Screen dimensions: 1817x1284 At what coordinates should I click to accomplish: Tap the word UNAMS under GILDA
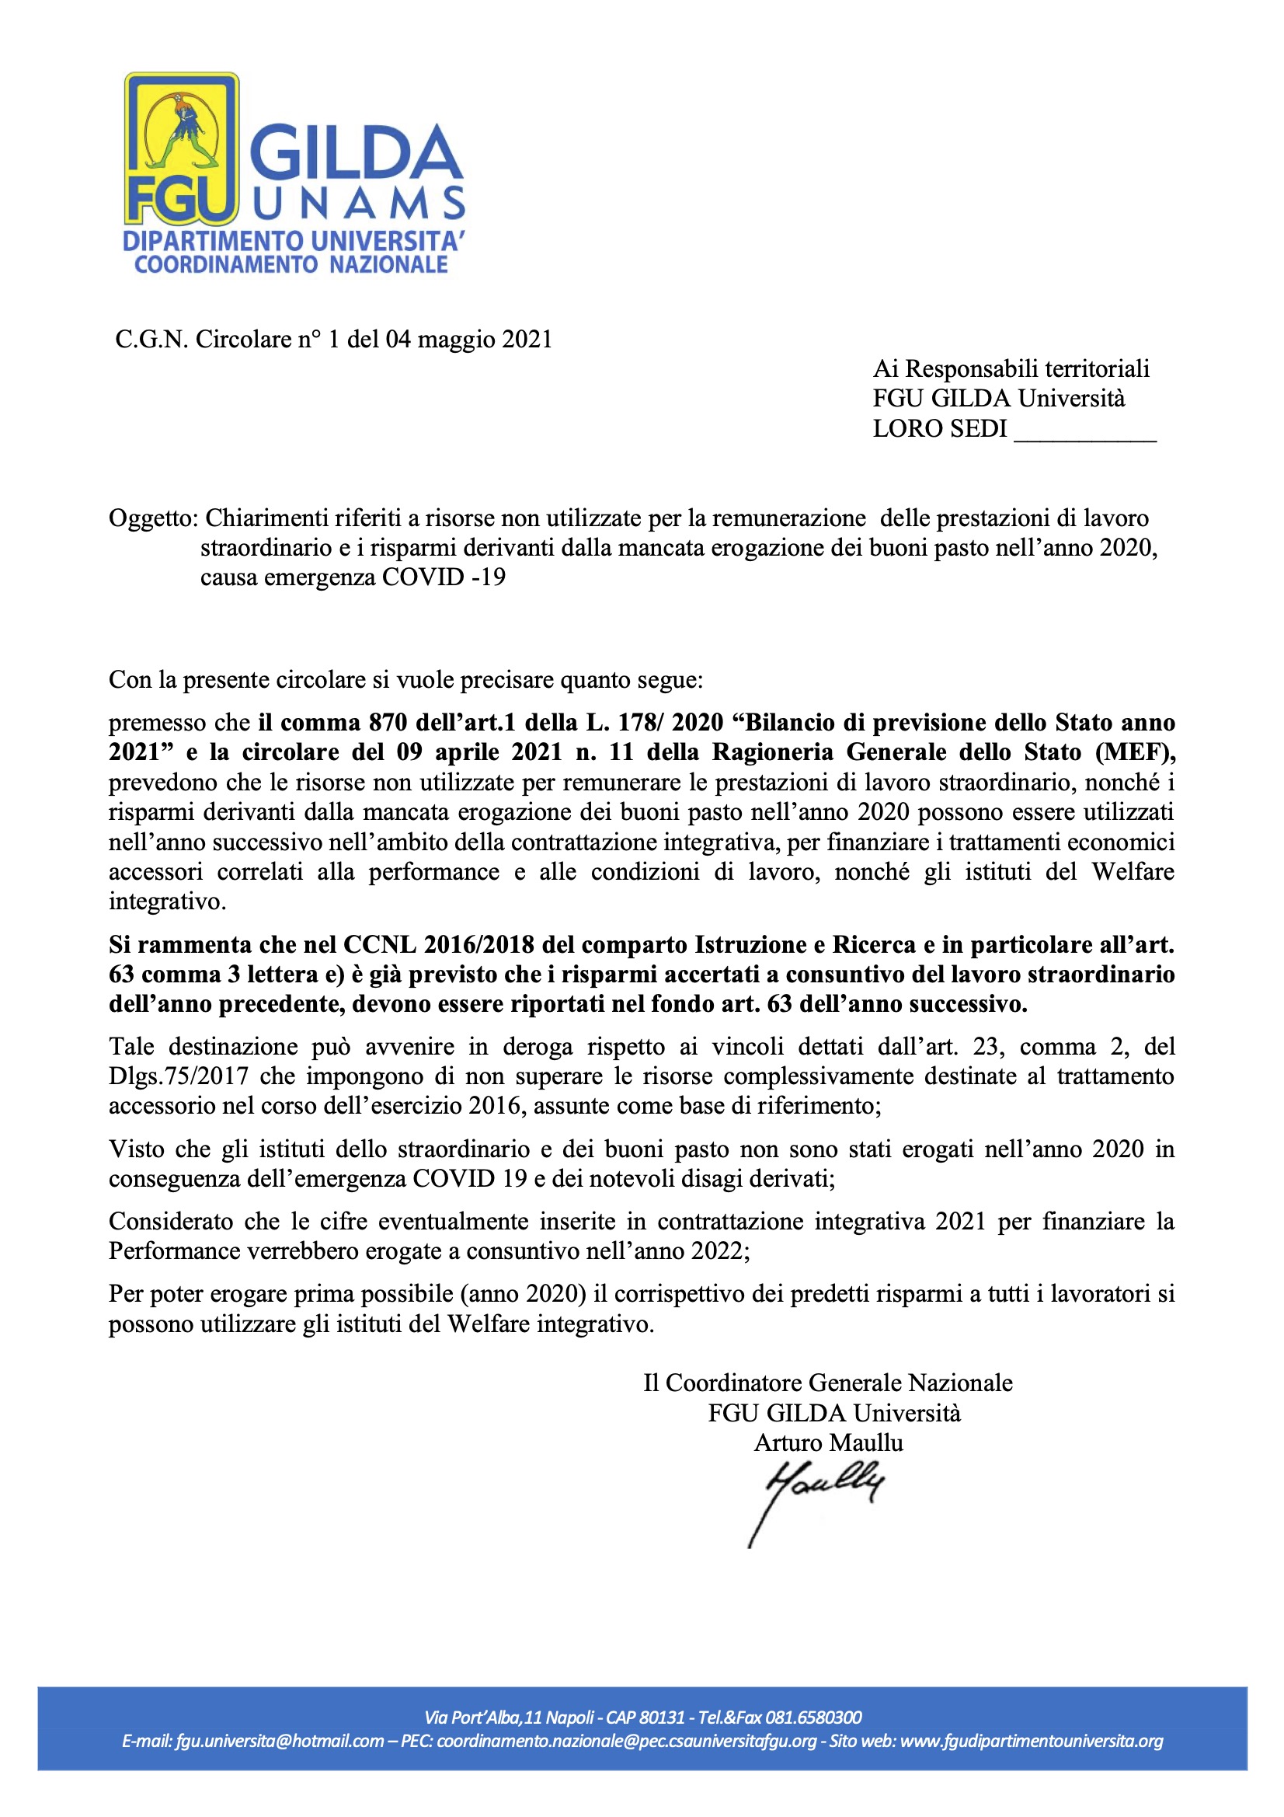point(359,204)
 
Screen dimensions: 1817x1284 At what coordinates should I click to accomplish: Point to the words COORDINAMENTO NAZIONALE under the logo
point(291,264)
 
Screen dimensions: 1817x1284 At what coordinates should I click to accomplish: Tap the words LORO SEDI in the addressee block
point(939,428)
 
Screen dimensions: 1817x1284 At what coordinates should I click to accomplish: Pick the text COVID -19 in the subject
point(444,577)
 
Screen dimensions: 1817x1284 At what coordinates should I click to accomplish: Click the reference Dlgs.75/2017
point(179,1076)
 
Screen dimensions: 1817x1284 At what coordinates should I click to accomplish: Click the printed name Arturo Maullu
point(828,1442)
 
